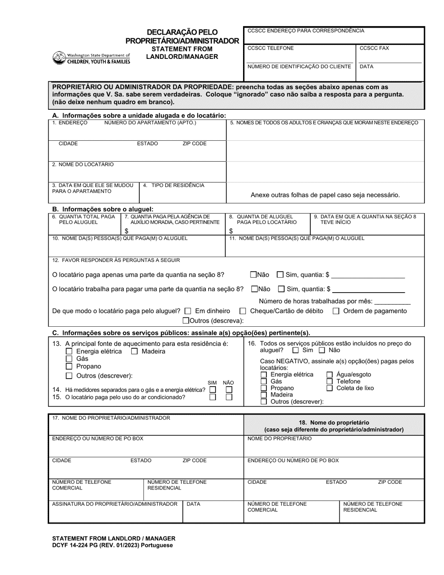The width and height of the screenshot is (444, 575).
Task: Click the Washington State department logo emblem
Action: click(x=59, y=57)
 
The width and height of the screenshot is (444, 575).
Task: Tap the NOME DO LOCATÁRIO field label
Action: click(x=83, y=165)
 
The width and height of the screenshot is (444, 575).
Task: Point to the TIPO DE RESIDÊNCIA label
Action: click(x=173, y=185)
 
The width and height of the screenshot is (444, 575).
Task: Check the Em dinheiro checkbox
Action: click(x=188, y=311)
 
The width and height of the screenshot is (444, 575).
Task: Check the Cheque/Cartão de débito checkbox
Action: click(x=243, y=311)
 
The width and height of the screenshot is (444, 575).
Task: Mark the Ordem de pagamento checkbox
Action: click(x=336, y=311)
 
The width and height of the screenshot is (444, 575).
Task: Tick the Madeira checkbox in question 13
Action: click(x=134, y=351)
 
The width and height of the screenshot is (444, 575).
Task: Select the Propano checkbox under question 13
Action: click(x=69, y=367)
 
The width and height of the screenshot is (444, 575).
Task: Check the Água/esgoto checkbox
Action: click(x=329, y=374)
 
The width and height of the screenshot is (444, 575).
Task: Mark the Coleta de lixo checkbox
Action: click(x=329, y=388)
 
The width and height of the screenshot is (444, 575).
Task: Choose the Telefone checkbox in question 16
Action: click(x=329, y=381)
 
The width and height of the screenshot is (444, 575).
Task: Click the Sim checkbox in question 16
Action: click(x=295, y=350)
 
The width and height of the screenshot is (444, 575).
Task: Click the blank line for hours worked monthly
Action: click(x=392, y=302)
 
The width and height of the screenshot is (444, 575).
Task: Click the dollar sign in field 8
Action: click(x=231, y=231)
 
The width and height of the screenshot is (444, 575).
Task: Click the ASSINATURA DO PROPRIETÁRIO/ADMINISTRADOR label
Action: click(x=115, y=504)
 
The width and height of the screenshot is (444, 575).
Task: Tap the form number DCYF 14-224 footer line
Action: click(x=112, y=545)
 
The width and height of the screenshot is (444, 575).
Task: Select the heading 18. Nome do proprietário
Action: click(x=334, y=422)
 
